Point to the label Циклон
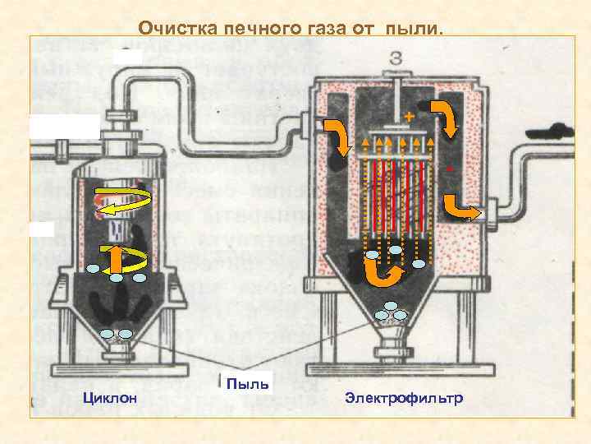click(x=110, y=399)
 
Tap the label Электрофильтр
click(x=404, y=399)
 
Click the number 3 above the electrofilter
click(x=396, y=59)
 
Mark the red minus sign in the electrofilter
click(x=451, y=170)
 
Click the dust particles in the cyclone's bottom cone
click(x=116, y=333)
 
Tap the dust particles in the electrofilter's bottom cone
click(x=391, y=313)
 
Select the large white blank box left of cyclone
click(x=64, y=130)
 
